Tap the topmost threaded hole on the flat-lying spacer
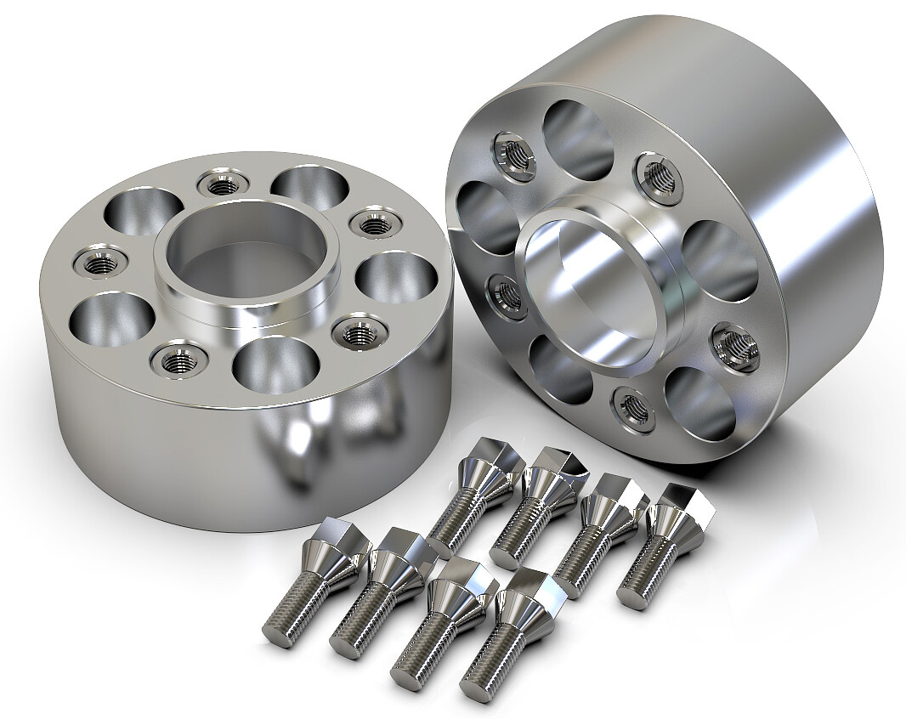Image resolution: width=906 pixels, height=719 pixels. tap(223, 182)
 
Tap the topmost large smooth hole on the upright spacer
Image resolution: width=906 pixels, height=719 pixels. tap(578, 141)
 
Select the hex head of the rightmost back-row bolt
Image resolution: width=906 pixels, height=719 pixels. tap(684, 506)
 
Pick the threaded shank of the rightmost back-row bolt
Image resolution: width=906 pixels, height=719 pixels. tap(650, 565)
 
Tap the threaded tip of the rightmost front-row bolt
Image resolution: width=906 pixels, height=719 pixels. tap(476, 687)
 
